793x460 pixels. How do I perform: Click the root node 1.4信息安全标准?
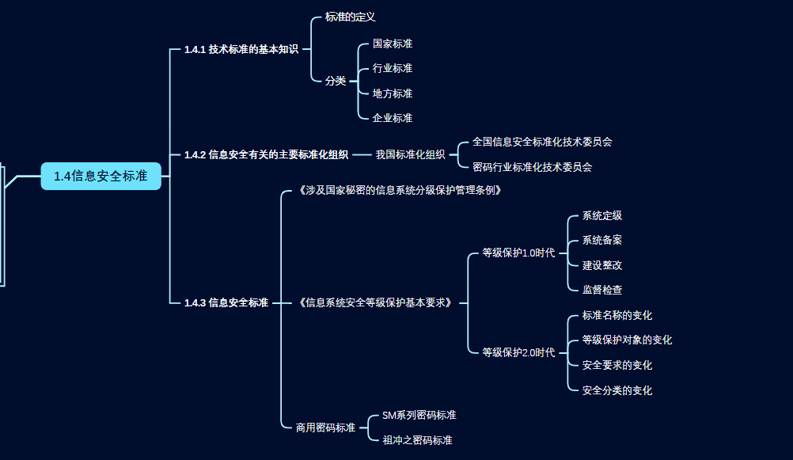pyautogui.click(x=101, y=176)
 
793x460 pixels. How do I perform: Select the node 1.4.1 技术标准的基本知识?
pyautogui.click(x=241, y=49)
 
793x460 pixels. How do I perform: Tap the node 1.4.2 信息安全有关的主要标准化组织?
pyautogui.click(x=266, y=154)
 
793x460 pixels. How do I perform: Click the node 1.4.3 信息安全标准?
pyautogui.click(x=226, y=302)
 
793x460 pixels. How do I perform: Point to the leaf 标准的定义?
pyautogui.click(x=350, y=17)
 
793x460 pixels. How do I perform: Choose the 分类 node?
pyautogui.click(x=336, y=81)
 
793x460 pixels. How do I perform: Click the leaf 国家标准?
pyautogui.click(x=393, y=44)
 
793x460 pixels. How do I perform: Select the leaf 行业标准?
pyautogui.click(x=393, y=68)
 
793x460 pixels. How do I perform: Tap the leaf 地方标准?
pyautogui.click(x=393, y=93)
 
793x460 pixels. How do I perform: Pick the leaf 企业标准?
pyautogui.click(x=393, y=118)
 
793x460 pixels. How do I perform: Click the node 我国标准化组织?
pyautogui.click(x=410, y=154)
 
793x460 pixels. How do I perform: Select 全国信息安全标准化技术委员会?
pyautogui.click(x=542, y=142)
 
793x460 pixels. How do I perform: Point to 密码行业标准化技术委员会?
pyautogui.click(x=532, y=167)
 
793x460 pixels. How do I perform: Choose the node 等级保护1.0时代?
pyautogui.click(x=518, y=253)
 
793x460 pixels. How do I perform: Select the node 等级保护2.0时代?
pyautogui.click(x=518, y=352)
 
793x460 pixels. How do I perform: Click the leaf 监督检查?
pyautogui.click(x=602, y=290)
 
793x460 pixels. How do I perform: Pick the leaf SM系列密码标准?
pyautogui.click(x=419, y=415)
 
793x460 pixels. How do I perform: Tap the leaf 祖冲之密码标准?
pyautogui.click(x=417, y=440)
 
